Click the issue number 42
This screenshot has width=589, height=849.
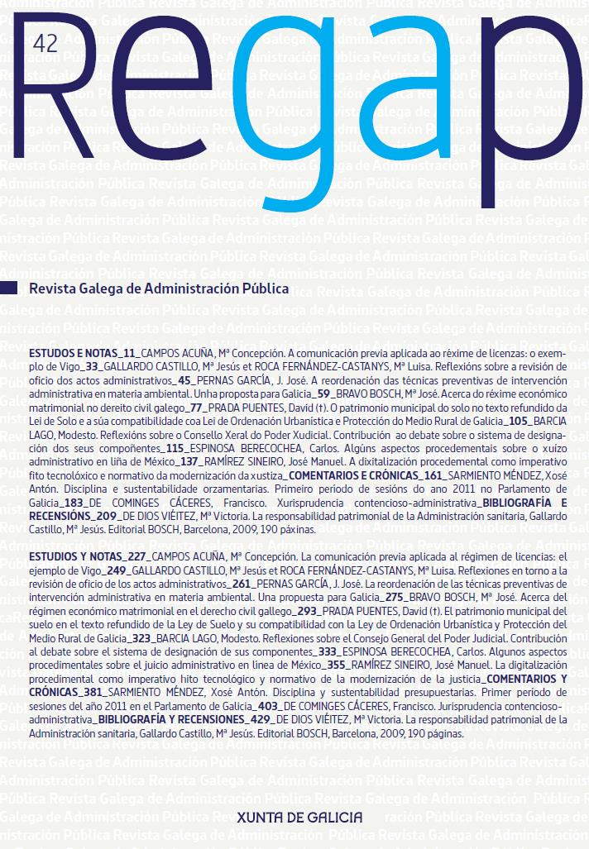point(43,45)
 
